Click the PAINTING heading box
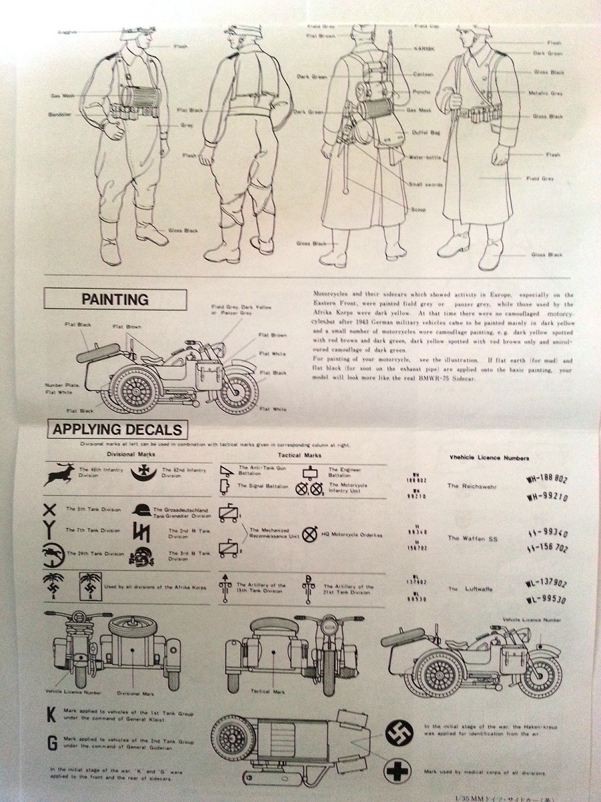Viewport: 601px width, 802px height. click(115, 299)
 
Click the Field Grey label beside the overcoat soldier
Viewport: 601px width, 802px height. click(540, 178)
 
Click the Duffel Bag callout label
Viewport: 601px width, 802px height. click(425, 132)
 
